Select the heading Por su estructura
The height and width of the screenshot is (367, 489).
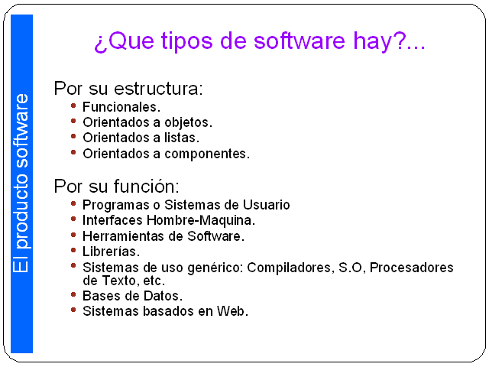pos(128,89)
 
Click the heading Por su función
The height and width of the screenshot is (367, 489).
pos(116,187)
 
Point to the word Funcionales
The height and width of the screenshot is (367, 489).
pos(121,107)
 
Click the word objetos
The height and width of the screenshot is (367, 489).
pos(189,122)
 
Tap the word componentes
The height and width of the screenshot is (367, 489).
pos(207,154)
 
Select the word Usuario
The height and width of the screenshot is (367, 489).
pos(267,205)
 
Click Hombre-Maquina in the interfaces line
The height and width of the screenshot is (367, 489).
pos(201,220)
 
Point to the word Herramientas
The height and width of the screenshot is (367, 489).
pos(123,236)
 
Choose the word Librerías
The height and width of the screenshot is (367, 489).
pos(111,252)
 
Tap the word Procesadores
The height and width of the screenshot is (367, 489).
pos(411,268)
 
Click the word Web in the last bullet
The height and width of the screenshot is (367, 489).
pos(232,311)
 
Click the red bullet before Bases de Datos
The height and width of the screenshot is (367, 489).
pos(73,294)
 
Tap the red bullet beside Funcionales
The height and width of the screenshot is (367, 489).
pos(73,106)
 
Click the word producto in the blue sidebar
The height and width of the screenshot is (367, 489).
pos(21,212)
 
